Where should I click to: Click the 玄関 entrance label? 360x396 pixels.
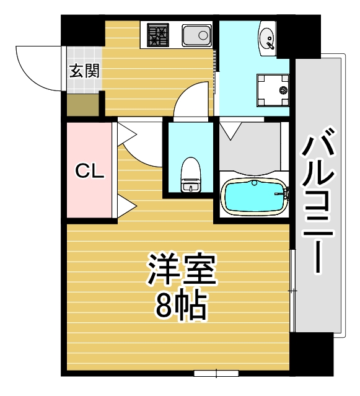[x=83, y=69]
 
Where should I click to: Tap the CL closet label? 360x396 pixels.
[x=89, y=171]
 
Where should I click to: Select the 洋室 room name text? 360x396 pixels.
[x=182, y=270]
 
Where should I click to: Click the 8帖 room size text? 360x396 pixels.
[x=182, y=304]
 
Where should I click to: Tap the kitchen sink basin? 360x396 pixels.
[x=197, y=35]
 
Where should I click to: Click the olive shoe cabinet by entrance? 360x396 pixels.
[x=82, y=105]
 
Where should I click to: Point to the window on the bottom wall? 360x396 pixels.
[x=216, y=373]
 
